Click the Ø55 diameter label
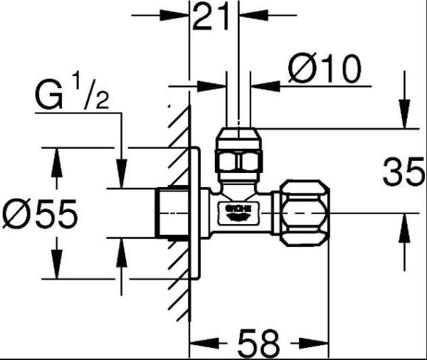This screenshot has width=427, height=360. tap(39, 213)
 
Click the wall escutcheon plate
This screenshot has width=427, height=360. tap(194, 213)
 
